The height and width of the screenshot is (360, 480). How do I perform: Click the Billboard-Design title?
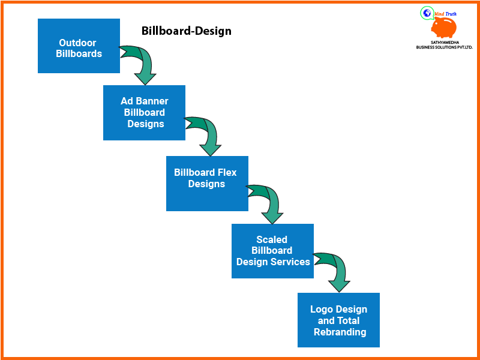[186, 31]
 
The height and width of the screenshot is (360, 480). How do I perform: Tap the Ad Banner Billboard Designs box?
[144, 113]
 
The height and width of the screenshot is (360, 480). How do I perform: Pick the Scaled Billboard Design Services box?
[272, 251]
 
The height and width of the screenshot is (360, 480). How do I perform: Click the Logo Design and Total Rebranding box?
[338, 320]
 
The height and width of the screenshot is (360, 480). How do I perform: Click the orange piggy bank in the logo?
[445, 28]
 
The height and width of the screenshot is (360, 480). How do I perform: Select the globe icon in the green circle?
[427, 13]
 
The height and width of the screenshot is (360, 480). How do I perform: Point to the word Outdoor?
[77, 43]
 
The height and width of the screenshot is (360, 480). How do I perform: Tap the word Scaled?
[272, 239]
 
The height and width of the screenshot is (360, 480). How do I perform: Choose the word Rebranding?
[340, 332]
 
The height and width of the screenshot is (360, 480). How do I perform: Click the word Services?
[290, 262]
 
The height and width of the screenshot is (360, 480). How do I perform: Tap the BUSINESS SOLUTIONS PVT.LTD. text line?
[444, 47]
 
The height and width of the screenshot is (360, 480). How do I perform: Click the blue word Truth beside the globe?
[451, 13]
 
